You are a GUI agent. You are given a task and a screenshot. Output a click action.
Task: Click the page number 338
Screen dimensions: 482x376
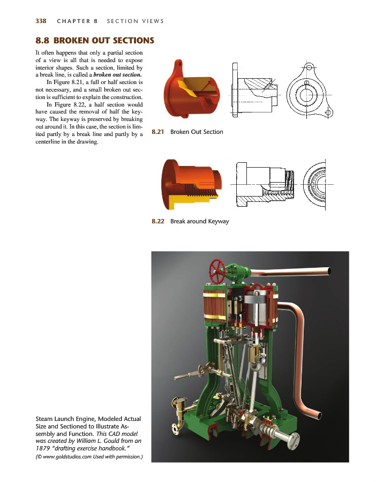[x=41, y=21]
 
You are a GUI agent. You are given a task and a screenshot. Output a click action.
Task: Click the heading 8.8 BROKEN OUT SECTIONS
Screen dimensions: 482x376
[x=95, y=41]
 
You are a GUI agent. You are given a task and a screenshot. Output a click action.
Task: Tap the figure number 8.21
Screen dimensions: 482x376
[x=159, y=132]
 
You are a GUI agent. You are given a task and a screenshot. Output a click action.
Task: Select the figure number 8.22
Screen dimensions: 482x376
[x=159, y=221]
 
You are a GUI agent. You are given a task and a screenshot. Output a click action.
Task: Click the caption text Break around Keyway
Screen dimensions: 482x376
[x=199, y=221]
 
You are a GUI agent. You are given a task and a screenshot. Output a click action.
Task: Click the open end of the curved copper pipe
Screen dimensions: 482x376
[x=318, y=415]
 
